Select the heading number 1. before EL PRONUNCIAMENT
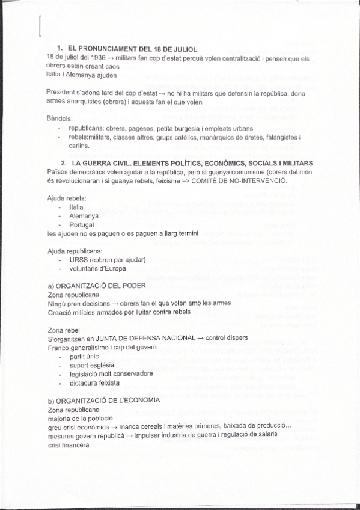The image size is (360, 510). (60, 48)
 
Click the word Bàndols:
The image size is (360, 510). (59, 118)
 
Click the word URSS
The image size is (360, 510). (78, 259)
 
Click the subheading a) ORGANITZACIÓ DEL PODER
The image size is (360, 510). (96, 286)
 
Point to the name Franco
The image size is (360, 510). (58, 347)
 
